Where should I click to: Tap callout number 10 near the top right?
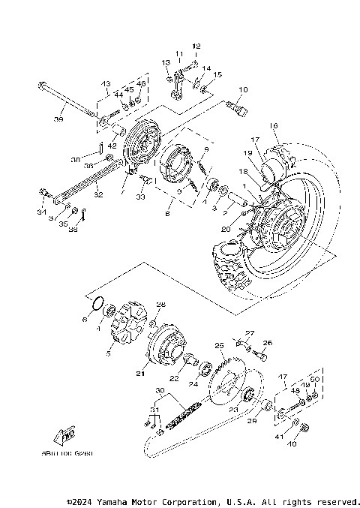coord(242,90)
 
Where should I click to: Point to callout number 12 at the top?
coord(196,47)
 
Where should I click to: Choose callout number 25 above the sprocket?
coord(220,346)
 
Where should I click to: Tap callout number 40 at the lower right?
coord(292,444)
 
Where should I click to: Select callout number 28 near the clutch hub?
coord(160,305)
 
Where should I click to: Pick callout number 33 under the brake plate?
coord(139,197)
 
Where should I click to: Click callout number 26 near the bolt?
coord(268,343)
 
